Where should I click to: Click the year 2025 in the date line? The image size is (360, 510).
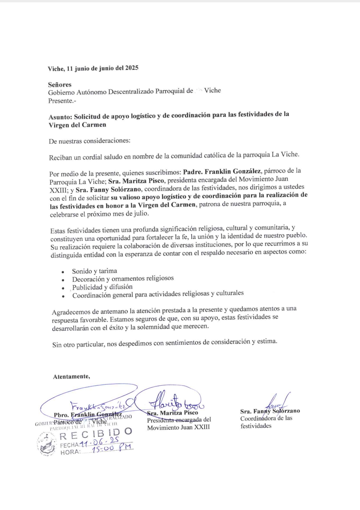[x=131, y=68]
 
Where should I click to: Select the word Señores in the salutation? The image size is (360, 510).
[x=60, y=85]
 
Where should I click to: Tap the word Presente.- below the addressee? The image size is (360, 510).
[x=62, y=101]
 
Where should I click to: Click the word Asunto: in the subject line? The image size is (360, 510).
[x=60, y=117]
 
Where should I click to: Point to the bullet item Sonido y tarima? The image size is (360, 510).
[x=94, y=271]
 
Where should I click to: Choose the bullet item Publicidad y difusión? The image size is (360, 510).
[x=102, y=287]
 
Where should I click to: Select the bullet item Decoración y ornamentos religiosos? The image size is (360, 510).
[x=123, y=278]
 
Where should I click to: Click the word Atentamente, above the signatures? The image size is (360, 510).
[x=71, y=376]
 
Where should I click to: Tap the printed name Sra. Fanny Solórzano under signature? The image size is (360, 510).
[x=270, y=411]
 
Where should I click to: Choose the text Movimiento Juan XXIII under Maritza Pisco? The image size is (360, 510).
[x=178, y=427]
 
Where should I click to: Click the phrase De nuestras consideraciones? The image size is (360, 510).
[x=90, y=141]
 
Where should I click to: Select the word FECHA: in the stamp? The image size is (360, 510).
[x=70, y=445]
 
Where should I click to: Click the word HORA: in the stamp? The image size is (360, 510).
[x=70, y=452]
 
